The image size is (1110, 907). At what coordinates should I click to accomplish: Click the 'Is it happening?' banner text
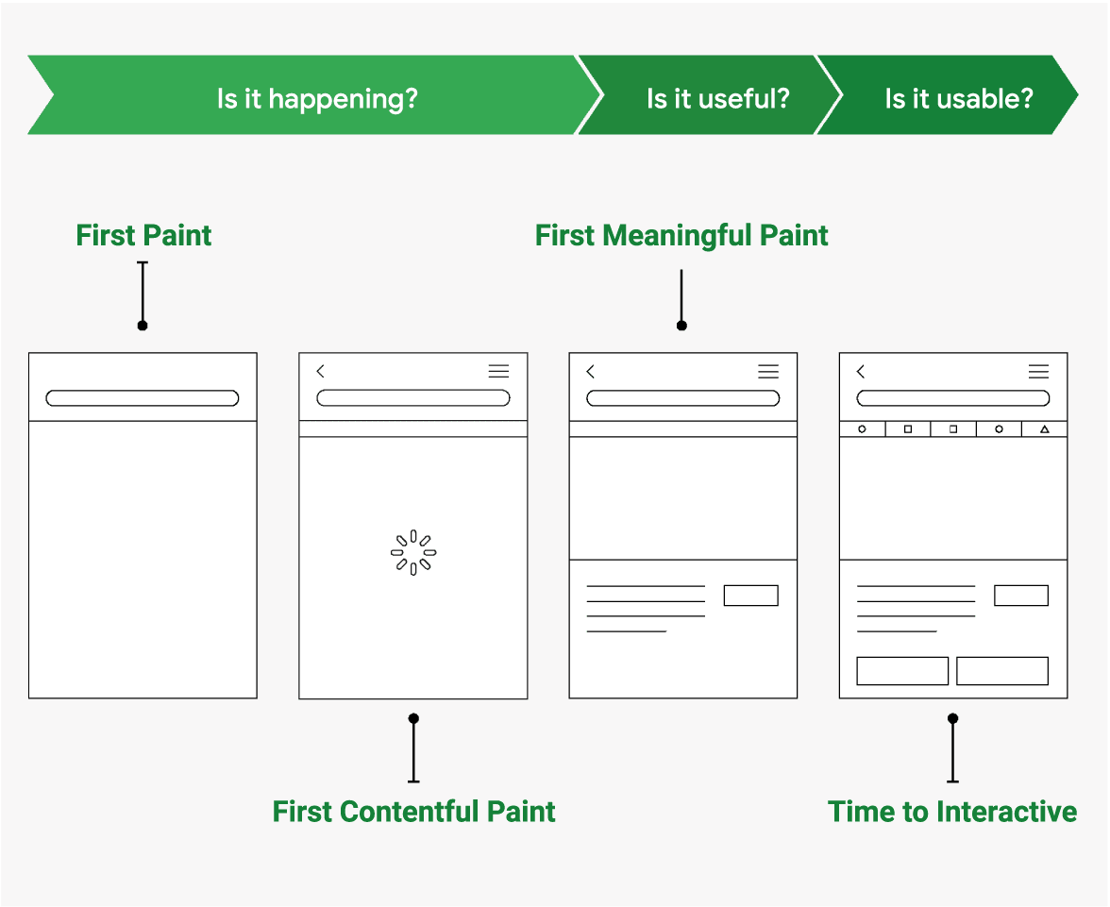coord(317,98)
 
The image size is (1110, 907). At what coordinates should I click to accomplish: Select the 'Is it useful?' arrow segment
coord(717,98)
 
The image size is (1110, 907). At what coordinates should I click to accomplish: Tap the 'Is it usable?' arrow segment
coord(958,98)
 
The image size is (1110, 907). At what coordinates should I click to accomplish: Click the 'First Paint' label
coord(143,235)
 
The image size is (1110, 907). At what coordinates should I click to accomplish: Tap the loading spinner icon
coord(413,553)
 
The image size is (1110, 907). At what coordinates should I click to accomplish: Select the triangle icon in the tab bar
coord(1044,429)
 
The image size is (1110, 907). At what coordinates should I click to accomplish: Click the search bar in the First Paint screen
coord(143,398)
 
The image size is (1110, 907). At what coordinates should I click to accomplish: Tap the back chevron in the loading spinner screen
coord(321,372)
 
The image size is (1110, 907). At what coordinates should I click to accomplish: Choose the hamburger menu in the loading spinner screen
coord(498,372)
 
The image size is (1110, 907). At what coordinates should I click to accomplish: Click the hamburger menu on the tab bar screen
coord(1038,372)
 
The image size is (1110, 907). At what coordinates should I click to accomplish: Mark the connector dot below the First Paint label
coord(143,326)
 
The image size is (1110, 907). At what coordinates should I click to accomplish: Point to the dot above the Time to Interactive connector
coord(953,718)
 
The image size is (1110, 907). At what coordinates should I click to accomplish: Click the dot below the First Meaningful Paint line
coord(681,326)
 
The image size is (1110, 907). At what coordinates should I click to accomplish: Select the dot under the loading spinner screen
coord(413,718)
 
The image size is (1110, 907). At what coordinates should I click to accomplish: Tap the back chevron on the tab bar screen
coord(861,372)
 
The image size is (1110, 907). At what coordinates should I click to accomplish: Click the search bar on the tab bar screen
coord(953,398)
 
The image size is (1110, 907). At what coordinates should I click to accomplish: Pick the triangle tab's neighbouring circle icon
coord(999,429)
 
